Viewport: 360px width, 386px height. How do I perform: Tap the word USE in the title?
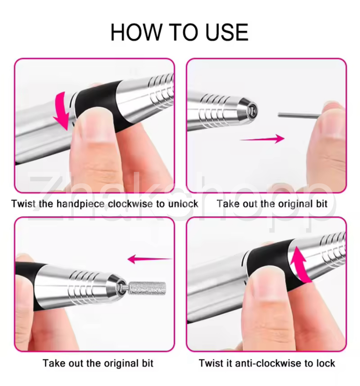[227, 32]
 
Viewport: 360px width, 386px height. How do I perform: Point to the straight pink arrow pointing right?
[262, 139]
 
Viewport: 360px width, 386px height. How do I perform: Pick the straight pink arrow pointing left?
[150, 259]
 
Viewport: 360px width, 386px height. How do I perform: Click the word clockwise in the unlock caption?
[131, 204]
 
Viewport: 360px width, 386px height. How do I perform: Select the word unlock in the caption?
[183, 204]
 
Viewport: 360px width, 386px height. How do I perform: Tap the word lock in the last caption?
[325, 363]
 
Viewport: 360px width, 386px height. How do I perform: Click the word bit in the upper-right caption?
[322, 204]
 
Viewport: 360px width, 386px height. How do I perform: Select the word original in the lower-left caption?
[121, 363]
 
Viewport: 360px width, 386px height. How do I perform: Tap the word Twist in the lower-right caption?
[210, 363]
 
